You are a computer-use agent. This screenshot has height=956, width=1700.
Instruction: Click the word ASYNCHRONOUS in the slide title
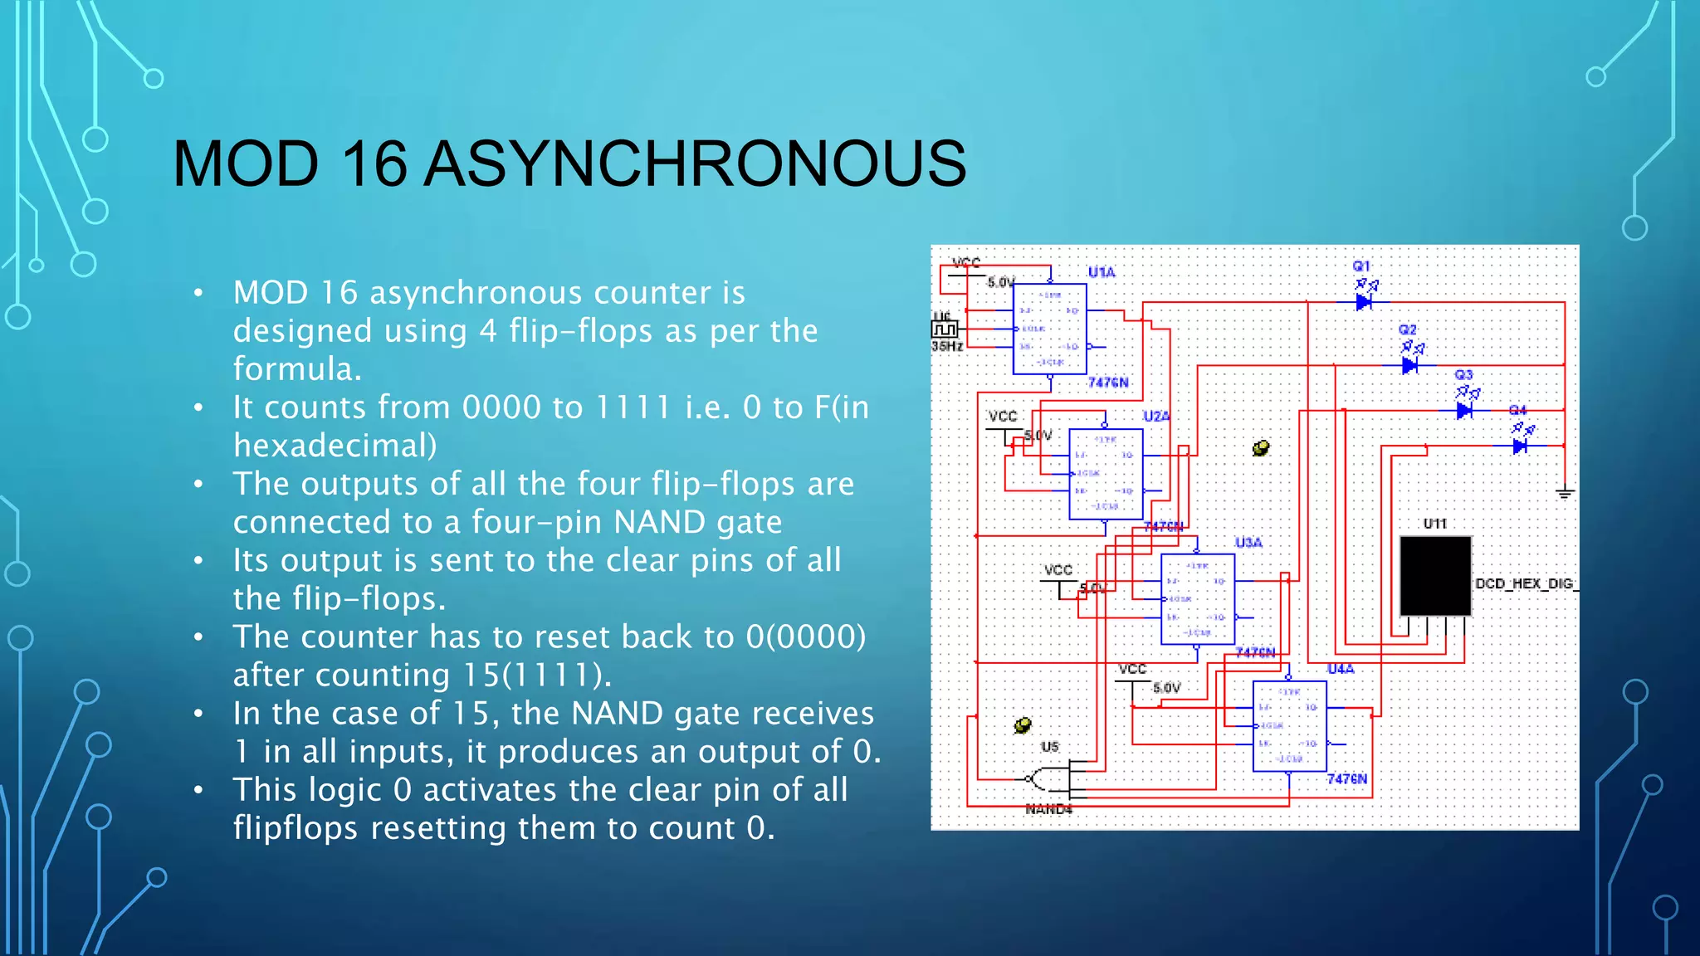[x=696, y=163]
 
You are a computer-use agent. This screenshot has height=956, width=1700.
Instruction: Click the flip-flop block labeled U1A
[x=1049, y=329]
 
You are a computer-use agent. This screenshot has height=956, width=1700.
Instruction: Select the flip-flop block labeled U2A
[x=1106, y=474]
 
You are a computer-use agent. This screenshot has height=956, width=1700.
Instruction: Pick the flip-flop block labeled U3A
[x=1197, y=599]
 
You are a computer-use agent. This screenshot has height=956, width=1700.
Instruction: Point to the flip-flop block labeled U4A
[x=1289, y=726]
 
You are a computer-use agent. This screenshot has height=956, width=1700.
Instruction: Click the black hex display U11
[x=1435, y=575]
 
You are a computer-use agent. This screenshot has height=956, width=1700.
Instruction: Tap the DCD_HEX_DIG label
[x=1526, y=583]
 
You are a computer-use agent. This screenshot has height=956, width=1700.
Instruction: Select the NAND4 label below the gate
[x=1049, y=809]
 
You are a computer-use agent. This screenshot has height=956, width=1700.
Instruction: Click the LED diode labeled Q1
[x=1364, y=302]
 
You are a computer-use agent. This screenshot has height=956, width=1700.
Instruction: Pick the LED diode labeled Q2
[x=1409, y=365]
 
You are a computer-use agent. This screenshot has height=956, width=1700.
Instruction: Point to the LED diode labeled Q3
[x=1464, y=411]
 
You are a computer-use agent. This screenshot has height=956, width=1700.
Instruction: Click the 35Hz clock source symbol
[x=945, y=329]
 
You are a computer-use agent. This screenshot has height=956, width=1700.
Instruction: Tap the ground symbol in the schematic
[x=1565, y=494]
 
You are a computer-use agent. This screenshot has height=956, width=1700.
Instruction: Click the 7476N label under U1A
[x=1108, y=383]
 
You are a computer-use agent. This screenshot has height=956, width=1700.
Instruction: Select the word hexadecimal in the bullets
[x=335, y=446]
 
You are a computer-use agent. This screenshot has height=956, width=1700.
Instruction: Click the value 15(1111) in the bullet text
[x=536, y=675]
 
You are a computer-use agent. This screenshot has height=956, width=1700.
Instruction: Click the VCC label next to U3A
[x=1058, y=570]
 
